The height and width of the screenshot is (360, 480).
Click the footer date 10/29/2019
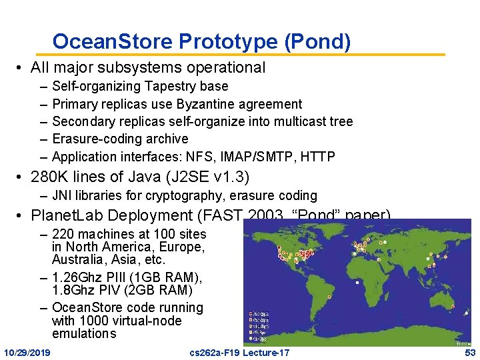pos(31,352)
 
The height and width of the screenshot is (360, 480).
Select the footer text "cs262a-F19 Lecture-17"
pos(240,352)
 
